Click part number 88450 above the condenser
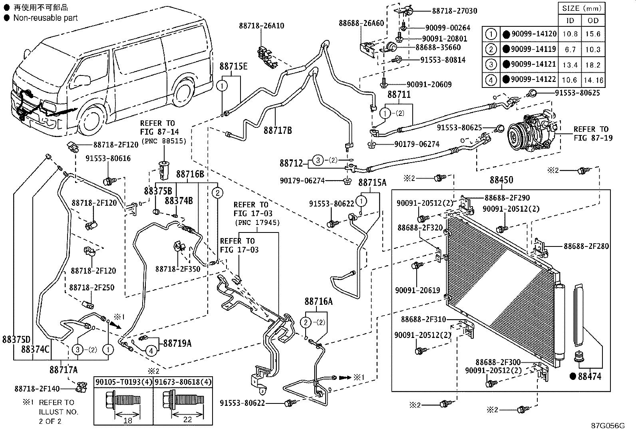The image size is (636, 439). pos(501,180)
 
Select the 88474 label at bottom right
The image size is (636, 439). pos(589,376)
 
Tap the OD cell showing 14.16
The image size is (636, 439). pos(593,80)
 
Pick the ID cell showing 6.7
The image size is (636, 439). pos(570,50)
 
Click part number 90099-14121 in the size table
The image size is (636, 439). pos(534,64)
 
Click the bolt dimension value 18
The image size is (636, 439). pos(127,420)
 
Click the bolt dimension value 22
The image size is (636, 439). pos(187,420)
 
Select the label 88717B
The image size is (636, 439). pos(278,131)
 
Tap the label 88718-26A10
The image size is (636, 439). pos(262,26)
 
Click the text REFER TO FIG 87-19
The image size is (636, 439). pos(591,133)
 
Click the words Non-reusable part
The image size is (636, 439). pos(45,18)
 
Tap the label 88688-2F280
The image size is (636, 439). pos(586,246)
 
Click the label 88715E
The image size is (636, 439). pos(234,67)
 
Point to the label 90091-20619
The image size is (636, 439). pos(417,290)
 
